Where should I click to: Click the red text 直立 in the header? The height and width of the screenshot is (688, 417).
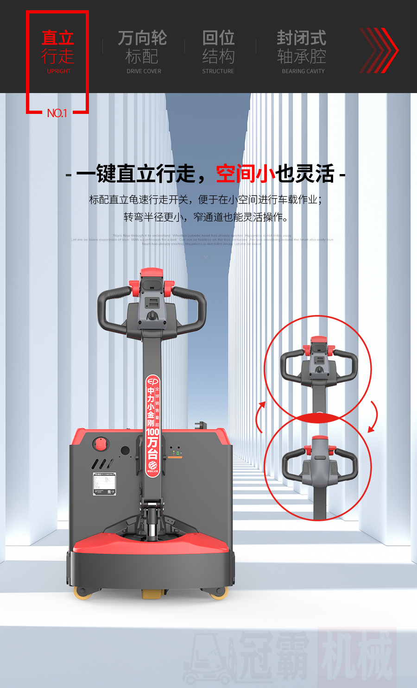click(58, 38)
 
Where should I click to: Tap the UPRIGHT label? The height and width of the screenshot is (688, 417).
click(59, 71)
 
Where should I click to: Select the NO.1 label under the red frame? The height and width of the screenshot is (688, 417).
click(57, 113)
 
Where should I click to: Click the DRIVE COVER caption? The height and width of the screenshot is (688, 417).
click(144, 71)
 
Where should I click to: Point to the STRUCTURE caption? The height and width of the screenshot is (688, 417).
click(218, 71)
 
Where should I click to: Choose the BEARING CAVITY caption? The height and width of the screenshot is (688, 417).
click(303, 71)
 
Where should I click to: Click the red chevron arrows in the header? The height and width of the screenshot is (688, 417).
click(379, 50)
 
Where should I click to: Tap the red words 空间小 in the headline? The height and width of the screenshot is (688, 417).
click(246, 174)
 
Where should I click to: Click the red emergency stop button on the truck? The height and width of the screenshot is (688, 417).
click(100, 443)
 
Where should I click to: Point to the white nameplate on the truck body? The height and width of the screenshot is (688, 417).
click(104, 484)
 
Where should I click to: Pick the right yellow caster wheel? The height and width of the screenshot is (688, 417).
click(218, 593)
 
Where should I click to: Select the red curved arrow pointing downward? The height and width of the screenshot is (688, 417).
click(373, 417)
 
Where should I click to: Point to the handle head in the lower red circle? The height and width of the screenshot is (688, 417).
click(320, 461)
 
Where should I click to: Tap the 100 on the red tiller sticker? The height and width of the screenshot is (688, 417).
click(152, 432)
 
